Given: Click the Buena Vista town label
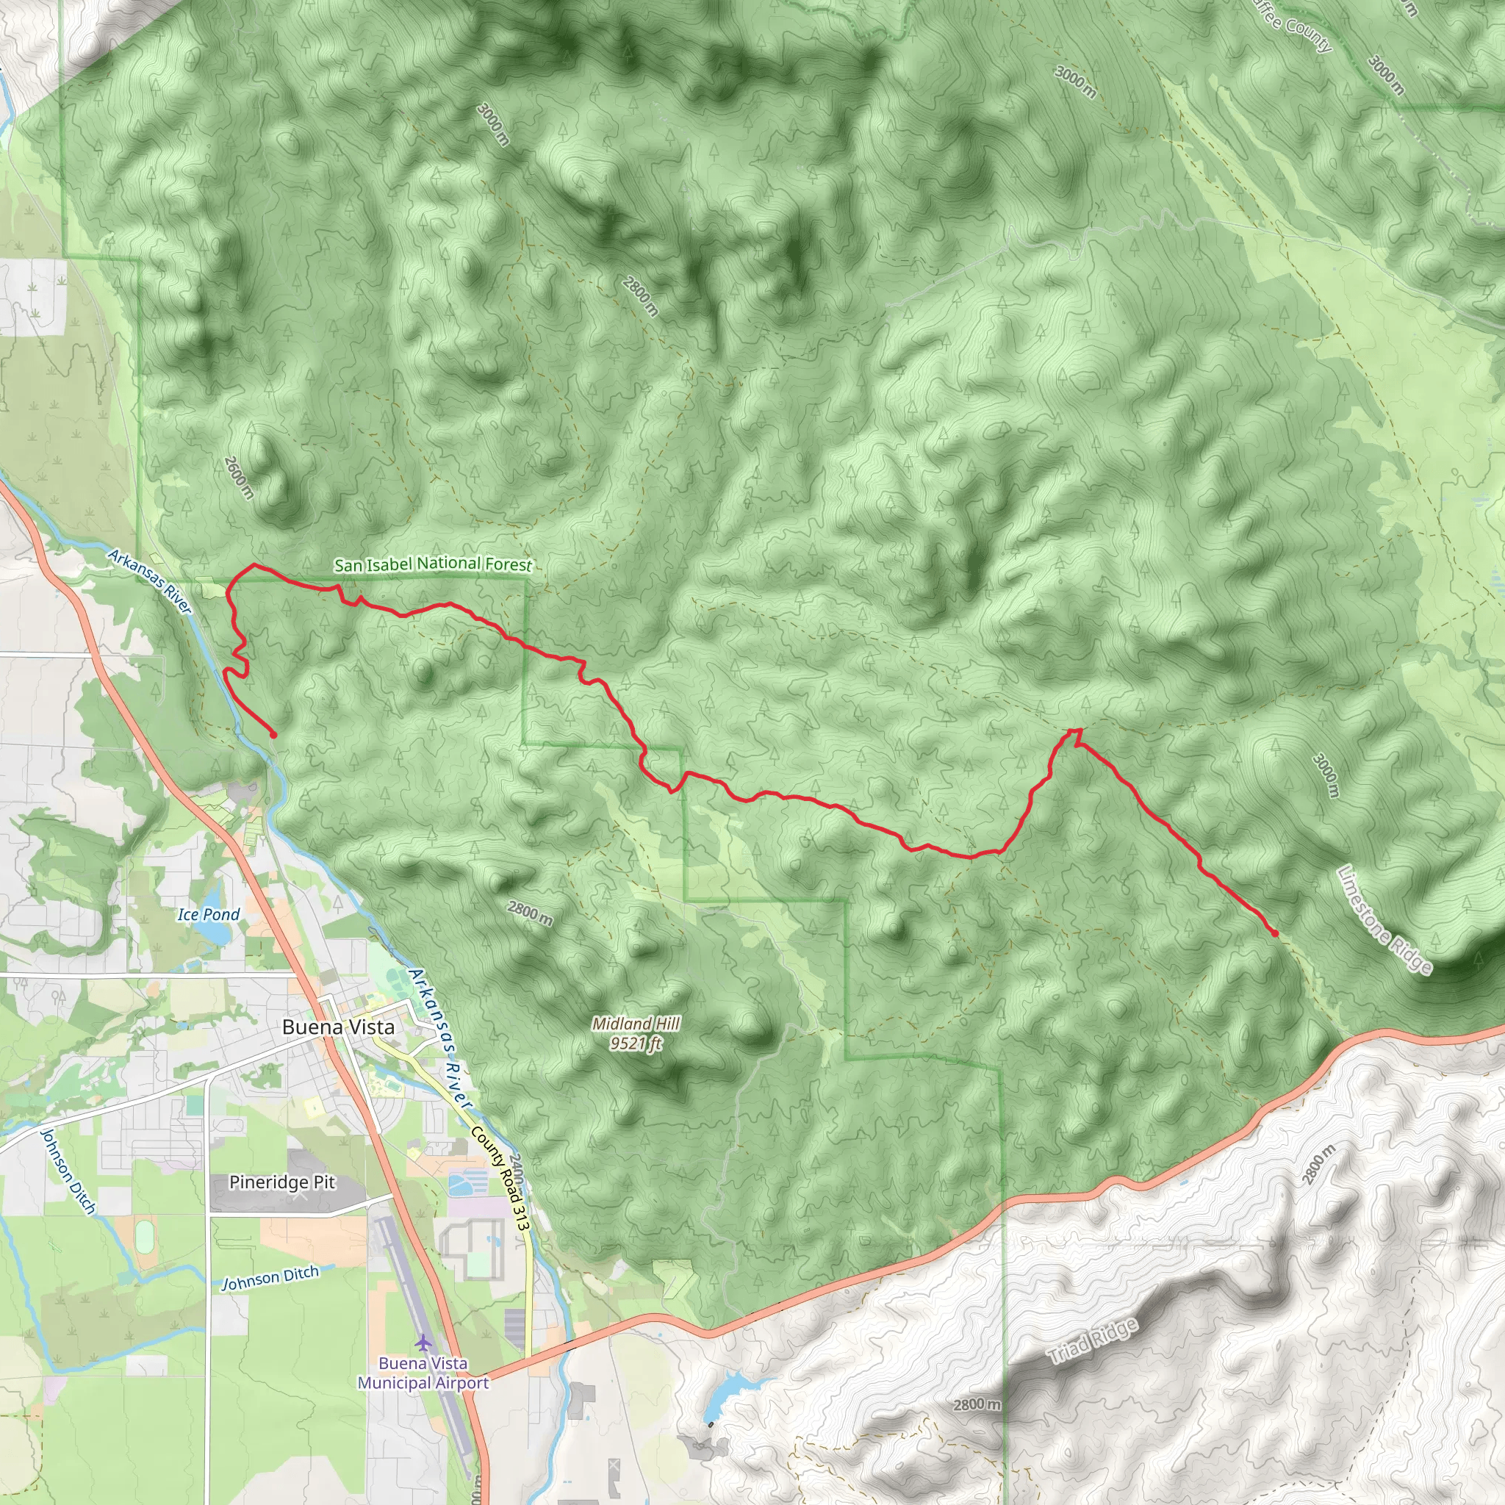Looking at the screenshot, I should pyautogui.click(x=338, y=1027).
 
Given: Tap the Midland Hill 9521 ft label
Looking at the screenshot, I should pyautogui.click(x=636, y=1033).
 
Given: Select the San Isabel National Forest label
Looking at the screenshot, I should pyautogui.click(x=433, y=564).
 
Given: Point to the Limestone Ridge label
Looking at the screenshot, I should pyautogui.click(x=1384, y=919).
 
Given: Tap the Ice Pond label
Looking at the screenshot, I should pyautogui.click(x=208, y=914).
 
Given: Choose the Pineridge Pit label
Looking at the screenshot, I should pyautogui.click(x=282, y=1182).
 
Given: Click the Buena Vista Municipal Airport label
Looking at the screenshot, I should pyautogui.click(x=423, y=1373).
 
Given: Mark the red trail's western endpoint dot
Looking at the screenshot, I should pyautogui.click(x=273, y=735).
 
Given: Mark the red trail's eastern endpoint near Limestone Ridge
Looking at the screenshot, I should pyautogui.click(x=1274, y=933).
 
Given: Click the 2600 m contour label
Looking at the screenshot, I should pyautogui.click(x=238, y=478).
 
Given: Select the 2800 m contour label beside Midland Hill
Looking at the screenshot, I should pyautogui.click(x=530, y=913).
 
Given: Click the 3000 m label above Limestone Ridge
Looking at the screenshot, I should pyautogui.click(x=1325, y=775).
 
